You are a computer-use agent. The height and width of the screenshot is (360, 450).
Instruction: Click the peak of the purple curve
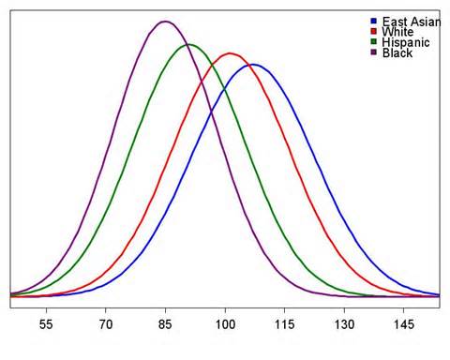(x=165, y=22)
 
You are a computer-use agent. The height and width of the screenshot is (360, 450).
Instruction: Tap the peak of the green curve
(x=189, y=45)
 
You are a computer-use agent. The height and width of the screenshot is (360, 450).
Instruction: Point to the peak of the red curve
(x=230, y=53)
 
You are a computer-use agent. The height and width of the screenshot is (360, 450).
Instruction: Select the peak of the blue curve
(x=253, y=65)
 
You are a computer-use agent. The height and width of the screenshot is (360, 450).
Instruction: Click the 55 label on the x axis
(x=46, y=324)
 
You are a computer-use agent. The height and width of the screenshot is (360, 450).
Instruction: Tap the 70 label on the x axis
(x=106, y=324)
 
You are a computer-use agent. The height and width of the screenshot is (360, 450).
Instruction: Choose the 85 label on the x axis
(x=165, y=324)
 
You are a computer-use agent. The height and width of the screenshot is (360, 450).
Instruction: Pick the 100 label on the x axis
(x=225, y=324)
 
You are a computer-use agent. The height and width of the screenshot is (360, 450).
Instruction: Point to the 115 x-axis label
(x=284, y=324)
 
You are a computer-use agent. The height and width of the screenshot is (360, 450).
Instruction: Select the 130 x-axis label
(x=344, y=324)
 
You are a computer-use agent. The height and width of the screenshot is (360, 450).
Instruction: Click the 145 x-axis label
(x=404, y=324)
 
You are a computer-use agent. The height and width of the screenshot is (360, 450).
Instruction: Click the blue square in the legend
(x=373, y=21)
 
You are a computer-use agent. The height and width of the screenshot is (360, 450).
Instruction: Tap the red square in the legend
(x=373, y=31)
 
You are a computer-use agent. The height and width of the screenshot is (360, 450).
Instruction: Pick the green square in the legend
(x=373, y=42)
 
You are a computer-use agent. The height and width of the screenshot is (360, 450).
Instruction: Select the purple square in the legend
(x=373, y=52)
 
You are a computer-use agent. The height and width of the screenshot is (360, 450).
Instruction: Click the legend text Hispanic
(x=406, y=42)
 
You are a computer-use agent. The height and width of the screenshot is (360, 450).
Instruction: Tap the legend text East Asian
(x=412, y=22)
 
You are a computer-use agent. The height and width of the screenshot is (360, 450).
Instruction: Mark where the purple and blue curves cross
(x=211, y=112)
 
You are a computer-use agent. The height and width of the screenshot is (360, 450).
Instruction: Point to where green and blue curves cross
(x=224, y=89)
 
